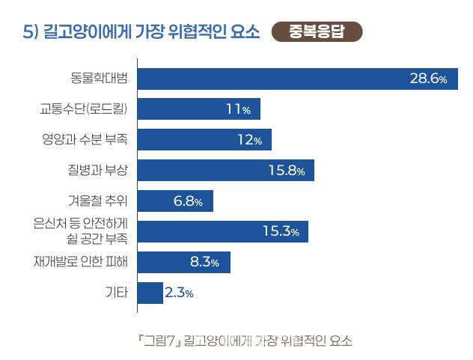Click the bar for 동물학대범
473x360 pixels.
tap(298, 79)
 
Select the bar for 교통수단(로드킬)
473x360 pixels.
tap(199, 109)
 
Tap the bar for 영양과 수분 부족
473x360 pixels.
tap(204, 140)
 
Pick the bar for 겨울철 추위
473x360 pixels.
tap(176, 201)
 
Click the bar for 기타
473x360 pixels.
tap(150, 293)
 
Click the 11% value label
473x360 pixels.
tap(237, 110)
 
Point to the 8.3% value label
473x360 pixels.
tap(204, 263)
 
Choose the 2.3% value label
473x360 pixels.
tap(180, 293)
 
